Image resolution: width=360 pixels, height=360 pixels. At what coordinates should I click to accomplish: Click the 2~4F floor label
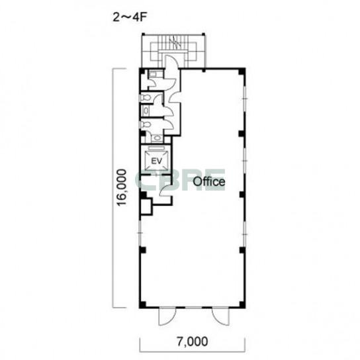pos(130,17)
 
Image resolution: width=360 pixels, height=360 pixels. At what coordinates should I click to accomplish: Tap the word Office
pos(208,181)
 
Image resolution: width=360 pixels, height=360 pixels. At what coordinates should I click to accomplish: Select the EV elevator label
pos(157,161)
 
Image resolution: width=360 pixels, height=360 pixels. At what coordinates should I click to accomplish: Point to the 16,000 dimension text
pos(122,187)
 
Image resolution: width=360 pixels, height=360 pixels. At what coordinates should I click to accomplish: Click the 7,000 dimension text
pos(193,341)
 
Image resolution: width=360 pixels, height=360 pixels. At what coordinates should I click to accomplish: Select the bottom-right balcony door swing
pos(220,317)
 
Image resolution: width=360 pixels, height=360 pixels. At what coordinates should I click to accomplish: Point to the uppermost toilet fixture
pos(146,97)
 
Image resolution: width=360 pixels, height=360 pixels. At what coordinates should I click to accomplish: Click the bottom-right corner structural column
pos(242,304)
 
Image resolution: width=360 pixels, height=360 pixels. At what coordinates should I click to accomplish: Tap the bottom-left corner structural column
pos(142,304)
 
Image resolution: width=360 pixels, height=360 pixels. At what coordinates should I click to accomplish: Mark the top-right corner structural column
pos(242,71)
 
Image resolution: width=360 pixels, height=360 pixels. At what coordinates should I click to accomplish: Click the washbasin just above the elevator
pos(157,138)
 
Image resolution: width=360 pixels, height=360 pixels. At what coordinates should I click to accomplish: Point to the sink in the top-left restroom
pos(152,74)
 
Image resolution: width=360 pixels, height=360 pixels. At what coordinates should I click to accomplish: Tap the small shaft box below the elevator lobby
pos(146,206)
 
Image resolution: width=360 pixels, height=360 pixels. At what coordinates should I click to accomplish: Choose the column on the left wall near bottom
pos(143,249)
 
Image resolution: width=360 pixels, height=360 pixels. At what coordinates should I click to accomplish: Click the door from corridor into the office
pos(174,97)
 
